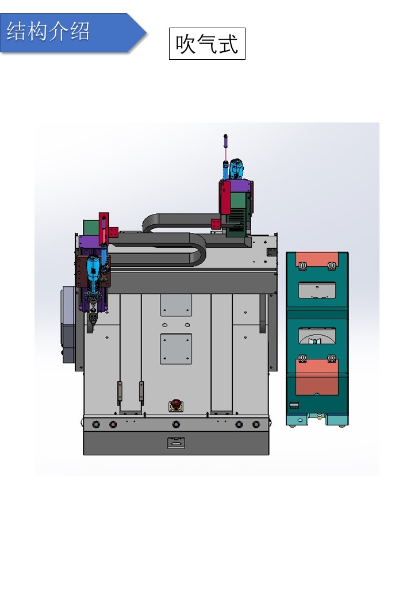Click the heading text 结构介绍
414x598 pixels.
[x=48, y=31]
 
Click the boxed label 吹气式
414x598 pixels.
[x=207, y=44]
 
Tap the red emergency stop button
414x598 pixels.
[x=176, y=404]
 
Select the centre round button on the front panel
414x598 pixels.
[x=176, y=424]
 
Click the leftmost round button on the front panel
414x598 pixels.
[x=96, y=424]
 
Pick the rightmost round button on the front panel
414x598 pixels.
[x=256, y=424]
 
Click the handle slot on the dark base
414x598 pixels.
[x=176, y=443]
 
